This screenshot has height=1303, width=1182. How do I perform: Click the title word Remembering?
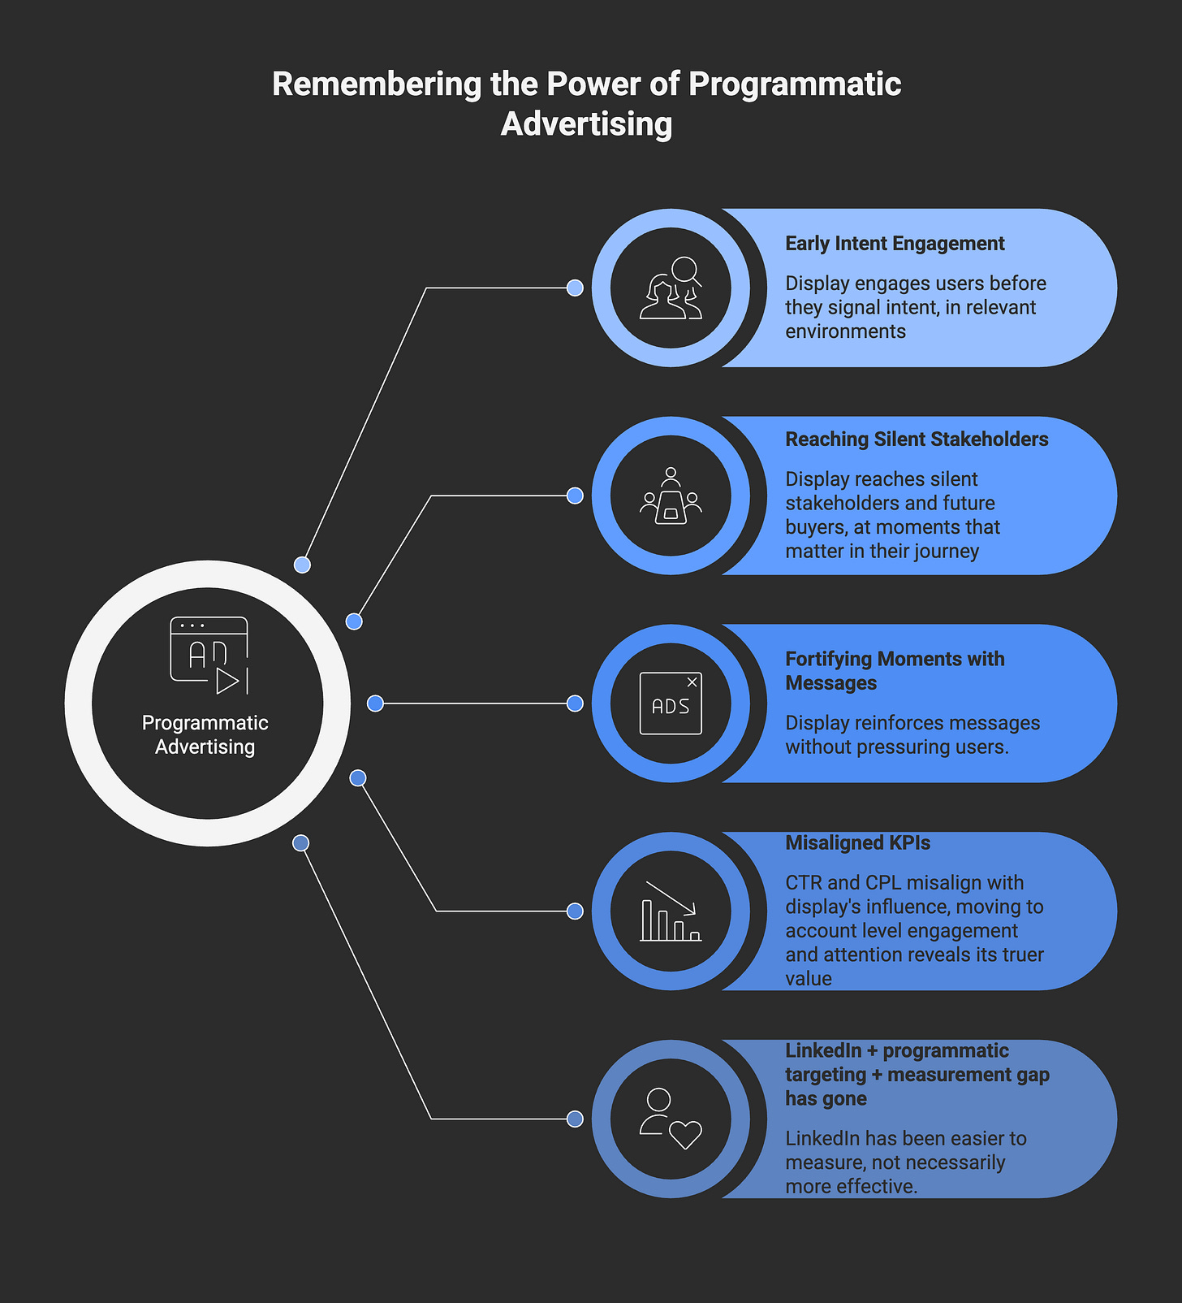coord(377,84)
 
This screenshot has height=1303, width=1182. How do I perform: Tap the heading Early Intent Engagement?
coord(895,244)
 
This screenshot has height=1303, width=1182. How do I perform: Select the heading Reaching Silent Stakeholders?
coord(917,439)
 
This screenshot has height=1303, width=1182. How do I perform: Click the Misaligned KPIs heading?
coord(857,843)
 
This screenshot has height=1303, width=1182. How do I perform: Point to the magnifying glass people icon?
coord(671,288)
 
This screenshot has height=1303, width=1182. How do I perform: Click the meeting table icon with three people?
coord(671,496)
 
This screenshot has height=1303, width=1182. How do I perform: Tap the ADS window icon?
coord(671,703)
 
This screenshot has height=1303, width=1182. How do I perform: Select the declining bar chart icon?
coord(671,911)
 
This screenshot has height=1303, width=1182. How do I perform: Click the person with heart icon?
coord(671,1119)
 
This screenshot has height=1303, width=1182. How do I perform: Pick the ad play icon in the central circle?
coord(209,655)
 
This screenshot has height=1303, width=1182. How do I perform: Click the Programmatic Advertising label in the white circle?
coord(205,734)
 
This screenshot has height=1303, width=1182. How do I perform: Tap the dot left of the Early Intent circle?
coord(575,288)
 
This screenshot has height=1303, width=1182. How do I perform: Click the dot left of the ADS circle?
coord(575,703)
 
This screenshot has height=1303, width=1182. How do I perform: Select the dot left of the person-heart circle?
coord(575,1119)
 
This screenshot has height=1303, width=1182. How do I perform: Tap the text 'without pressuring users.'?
coord(896,747)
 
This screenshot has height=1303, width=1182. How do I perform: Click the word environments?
coord(845,331)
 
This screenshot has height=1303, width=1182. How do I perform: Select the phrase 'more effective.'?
coord(851,1186)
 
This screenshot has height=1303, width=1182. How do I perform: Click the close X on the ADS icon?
coord(692,682)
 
